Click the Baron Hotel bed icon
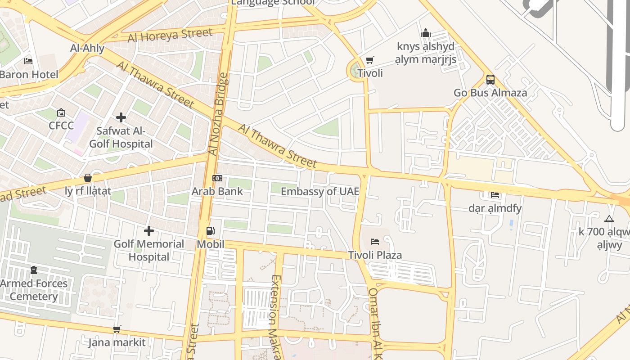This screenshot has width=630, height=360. (28, 61)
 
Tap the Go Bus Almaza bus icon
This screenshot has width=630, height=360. (490, 80)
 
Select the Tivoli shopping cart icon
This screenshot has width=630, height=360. (370, 60)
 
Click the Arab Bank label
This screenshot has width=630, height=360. (217, 191)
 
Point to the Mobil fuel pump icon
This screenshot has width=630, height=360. (210, 231)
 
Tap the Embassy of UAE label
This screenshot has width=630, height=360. (320, 192)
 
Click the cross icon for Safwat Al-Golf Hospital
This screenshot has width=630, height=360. (121, 117)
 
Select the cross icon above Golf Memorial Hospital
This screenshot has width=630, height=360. (149, 231)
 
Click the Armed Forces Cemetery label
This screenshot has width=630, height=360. (34, 290)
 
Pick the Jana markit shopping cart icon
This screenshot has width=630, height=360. (117, 329)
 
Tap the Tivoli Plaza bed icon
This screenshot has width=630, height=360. (375, 242)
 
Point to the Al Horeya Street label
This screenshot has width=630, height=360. (170, 35)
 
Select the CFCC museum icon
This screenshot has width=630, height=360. (61, 112)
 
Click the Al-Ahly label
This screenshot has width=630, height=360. (87, 48)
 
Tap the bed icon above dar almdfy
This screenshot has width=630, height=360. (495, 195)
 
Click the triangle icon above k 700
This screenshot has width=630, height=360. (609, 219)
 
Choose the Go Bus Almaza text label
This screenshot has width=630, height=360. (490, 93)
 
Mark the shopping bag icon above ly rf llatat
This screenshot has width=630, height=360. (88, 178)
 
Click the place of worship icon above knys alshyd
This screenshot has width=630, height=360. (426, 33)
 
